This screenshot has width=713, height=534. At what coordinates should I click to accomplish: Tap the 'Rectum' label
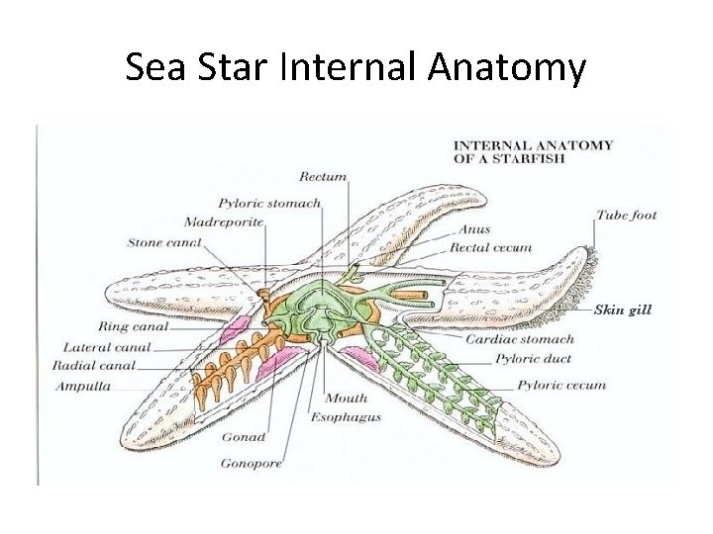325,177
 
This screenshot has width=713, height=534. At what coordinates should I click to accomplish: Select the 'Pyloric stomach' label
269,204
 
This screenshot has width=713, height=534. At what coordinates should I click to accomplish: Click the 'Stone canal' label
163,242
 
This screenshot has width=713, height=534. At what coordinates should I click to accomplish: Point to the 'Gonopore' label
252,462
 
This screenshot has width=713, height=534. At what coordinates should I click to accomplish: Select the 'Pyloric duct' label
531,360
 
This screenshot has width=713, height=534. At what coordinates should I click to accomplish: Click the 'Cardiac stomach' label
519,339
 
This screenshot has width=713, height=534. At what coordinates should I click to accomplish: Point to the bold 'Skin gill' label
622,310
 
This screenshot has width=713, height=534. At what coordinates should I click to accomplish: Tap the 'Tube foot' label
627,215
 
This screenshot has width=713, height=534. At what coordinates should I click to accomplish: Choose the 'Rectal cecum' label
490,248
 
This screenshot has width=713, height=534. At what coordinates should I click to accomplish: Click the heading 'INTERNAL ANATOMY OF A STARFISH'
533,151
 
